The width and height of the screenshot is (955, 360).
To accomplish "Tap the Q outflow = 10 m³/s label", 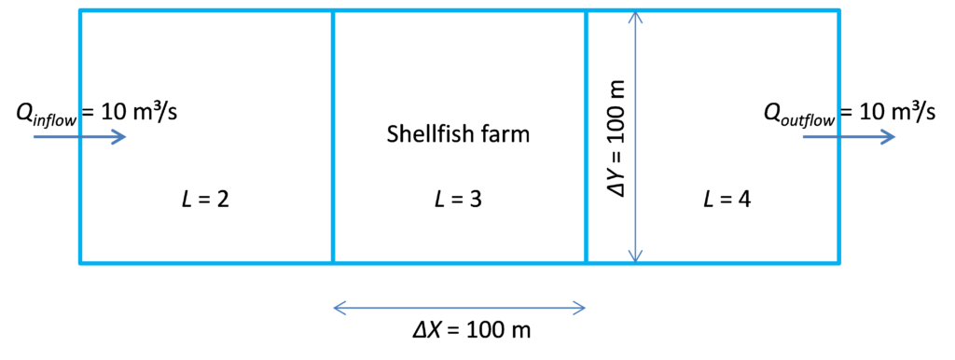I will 849,113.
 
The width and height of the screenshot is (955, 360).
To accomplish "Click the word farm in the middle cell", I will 507,134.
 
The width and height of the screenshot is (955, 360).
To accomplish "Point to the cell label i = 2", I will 205,198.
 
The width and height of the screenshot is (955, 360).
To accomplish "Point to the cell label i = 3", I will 458,198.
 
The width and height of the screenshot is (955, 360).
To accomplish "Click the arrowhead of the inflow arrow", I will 120,137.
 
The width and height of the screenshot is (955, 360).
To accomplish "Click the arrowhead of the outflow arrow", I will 890,137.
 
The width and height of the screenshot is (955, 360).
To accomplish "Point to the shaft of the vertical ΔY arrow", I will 635,187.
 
